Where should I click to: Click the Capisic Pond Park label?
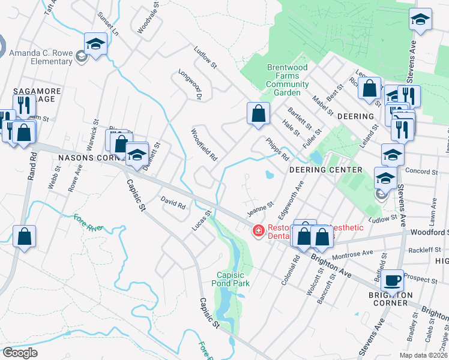coord(231,278)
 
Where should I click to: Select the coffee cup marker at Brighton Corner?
coord(393,280)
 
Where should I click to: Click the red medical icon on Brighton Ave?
coord(259,230)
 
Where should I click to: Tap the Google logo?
coord(19,353)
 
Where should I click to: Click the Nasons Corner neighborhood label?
coord(90,158)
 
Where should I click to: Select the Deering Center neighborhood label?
coord(326,170)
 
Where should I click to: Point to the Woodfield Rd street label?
coord(203,145)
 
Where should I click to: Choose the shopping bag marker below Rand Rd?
coord(25,236)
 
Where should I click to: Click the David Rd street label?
coord(173,202)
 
